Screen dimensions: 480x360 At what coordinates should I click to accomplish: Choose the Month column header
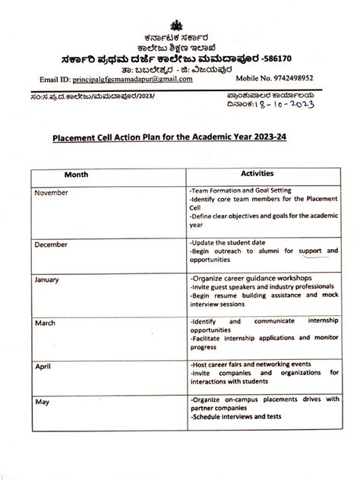click(75, 174)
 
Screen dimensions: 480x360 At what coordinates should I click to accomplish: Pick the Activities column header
click(262, 174)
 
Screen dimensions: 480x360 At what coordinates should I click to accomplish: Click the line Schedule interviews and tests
click(232, 417)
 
